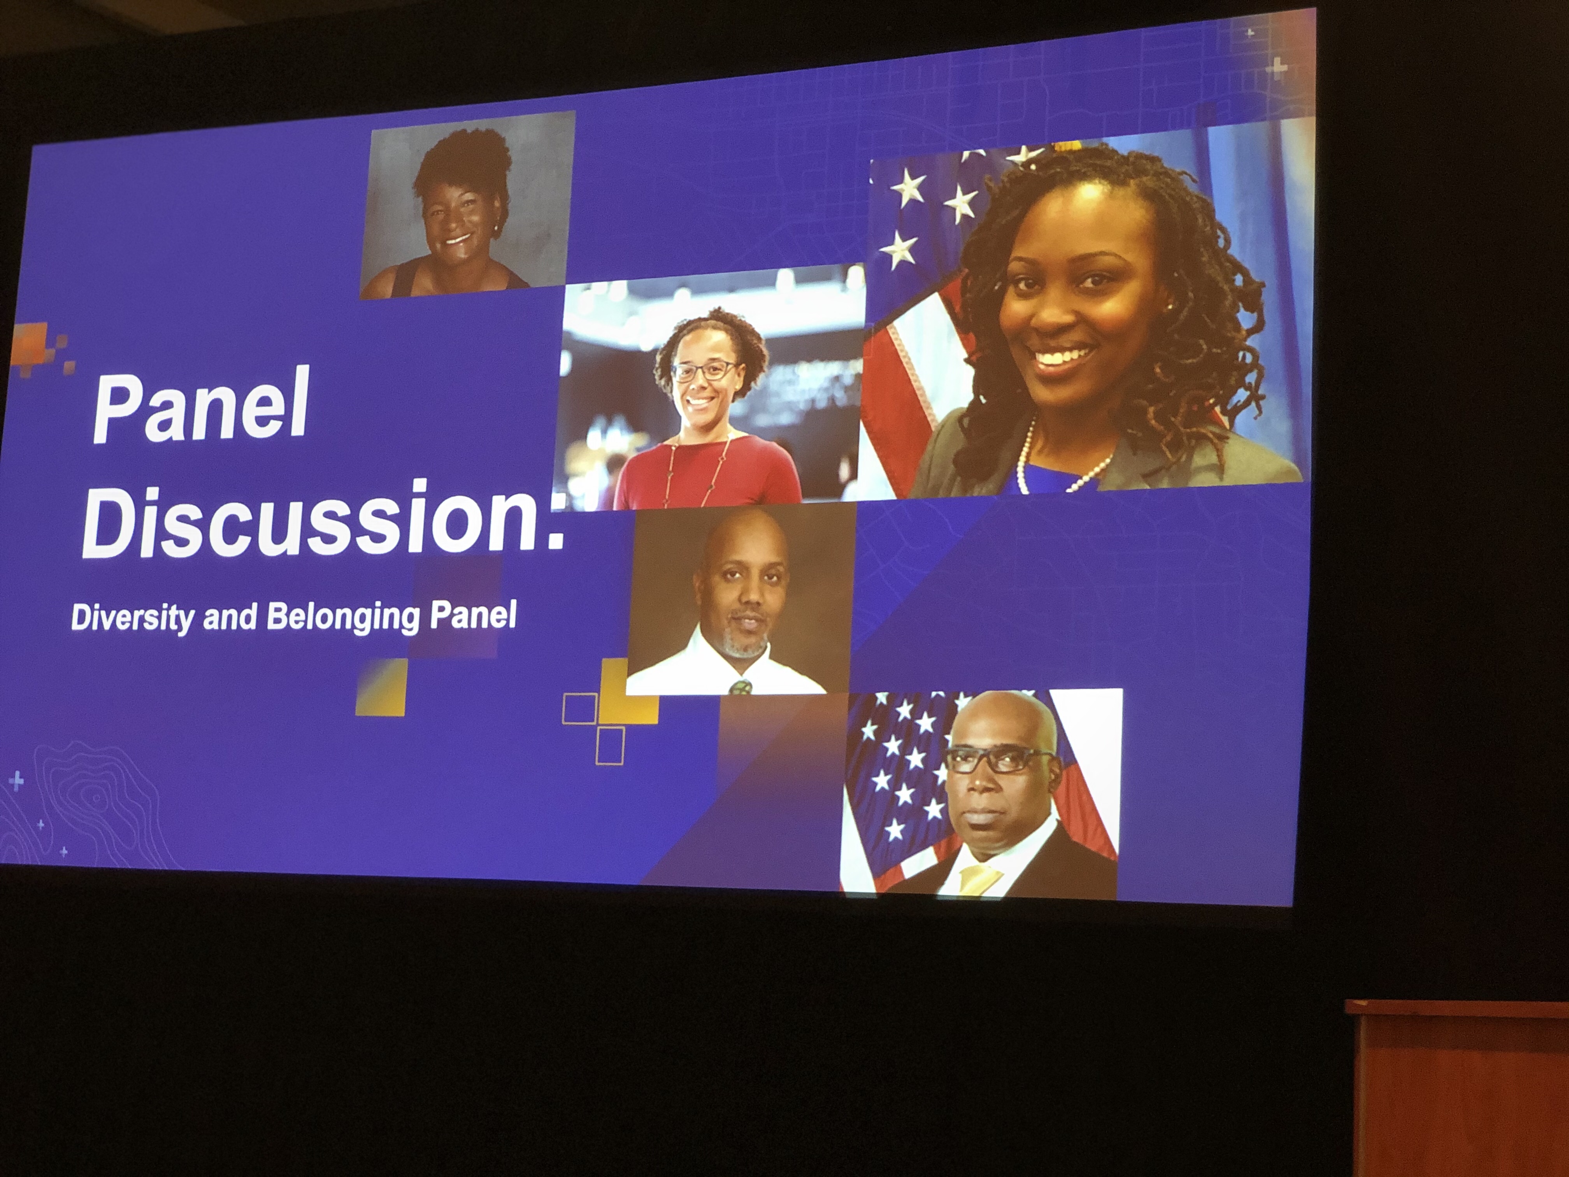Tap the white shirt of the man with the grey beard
click(x=727, y=667)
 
